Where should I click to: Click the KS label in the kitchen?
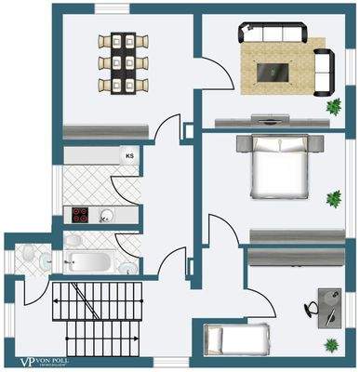pyautogui.click(x=127, y=156)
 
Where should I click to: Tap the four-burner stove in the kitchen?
pyautogui.click(x=81, y=217)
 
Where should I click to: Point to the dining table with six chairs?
pyautogui.click(x=121, y=62)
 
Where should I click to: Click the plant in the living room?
pyautogui.click(x=333, y=107)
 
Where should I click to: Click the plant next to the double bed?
pyautogui.click(x=333, y=198)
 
